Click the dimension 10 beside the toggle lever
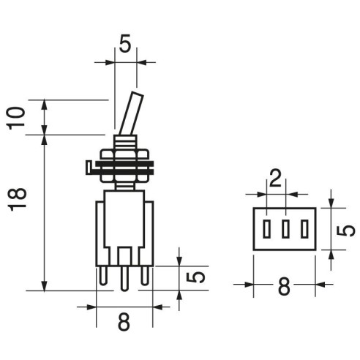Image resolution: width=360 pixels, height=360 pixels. coord(16,118)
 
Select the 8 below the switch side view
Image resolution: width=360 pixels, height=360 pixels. coord(124,321)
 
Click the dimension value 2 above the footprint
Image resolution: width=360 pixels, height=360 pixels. coord(276,179)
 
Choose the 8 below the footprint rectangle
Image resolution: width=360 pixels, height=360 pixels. coord(284,286)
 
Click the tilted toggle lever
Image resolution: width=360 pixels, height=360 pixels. coord(131,113)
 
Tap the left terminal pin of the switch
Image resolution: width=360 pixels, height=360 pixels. coord(103,276)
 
